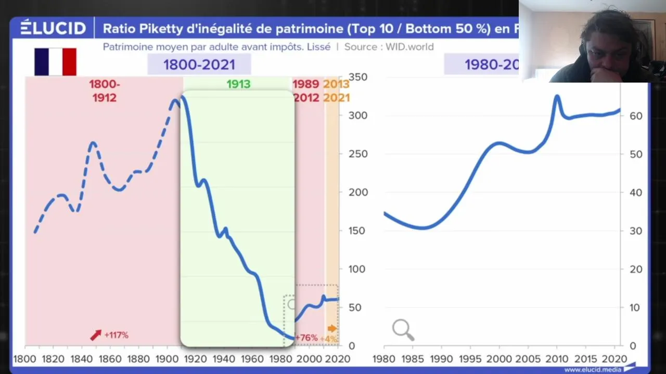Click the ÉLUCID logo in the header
point(53,28)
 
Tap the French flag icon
point(56,62)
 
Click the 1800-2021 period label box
point(199,65)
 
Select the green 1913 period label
point(238,84)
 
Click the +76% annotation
point(306,338)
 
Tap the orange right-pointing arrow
point(332,328)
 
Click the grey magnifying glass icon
point(403,329)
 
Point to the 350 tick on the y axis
point(357,77)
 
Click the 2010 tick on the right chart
point(557,359)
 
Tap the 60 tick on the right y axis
point(636,116)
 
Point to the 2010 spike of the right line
point(557,97)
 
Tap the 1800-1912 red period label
point(104,91)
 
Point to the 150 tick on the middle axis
point(357,231)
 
